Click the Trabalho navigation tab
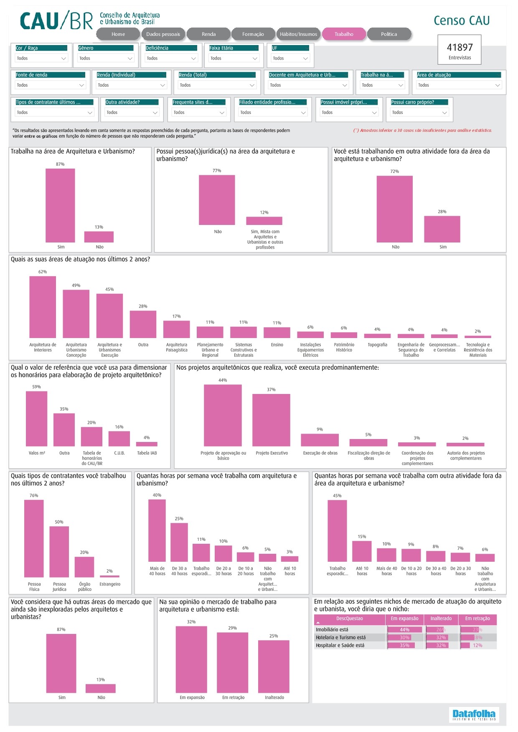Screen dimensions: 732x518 click(344, 34)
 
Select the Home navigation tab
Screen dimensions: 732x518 click(118, 34)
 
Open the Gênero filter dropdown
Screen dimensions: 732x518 click(106, 58)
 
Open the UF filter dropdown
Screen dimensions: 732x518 click(290, 58)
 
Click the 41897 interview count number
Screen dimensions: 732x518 click(460, 48)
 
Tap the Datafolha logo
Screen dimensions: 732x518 click(474, 714)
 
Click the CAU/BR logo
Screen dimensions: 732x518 click(56, 20)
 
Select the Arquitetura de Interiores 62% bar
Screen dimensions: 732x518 click(43, 307)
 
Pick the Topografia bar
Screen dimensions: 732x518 click(377, 336)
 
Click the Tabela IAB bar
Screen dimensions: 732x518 click(147, 444)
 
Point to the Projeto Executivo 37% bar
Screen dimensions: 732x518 click(271, 420)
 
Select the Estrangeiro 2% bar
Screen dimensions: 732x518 click(109, 576)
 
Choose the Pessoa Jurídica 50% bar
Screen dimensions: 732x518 click(59, 551)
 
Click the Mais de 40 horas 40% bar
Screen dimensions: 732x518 click(157, 530)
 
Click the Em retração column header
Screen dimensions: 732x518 click(477, 619)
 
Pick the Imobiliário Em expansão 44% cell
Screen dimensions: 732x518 click(404, 630)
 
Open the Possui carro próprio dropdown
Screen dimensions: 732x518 click(419, 113)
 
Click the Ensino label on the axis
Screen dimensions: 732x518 click(277, 345)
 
